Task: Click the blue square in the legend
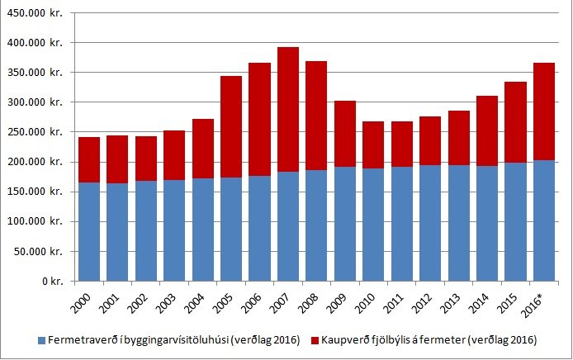pos(41,339)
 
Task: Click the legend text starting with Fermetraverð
pos(174,339)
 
